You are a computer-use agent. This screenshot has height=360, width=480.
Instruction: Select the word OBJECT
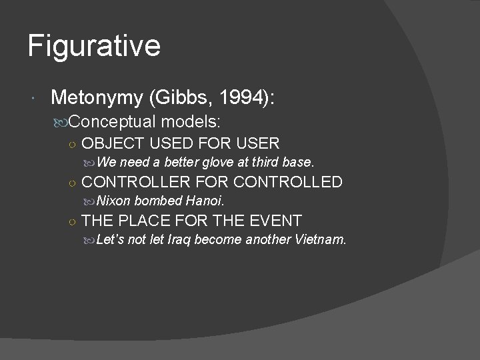point(115,143)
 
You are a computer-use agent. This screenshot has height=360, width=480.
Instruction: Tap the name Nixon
point(114,200)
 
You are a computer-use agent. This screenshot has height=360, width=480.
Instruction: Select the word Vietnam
point(321,239)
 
